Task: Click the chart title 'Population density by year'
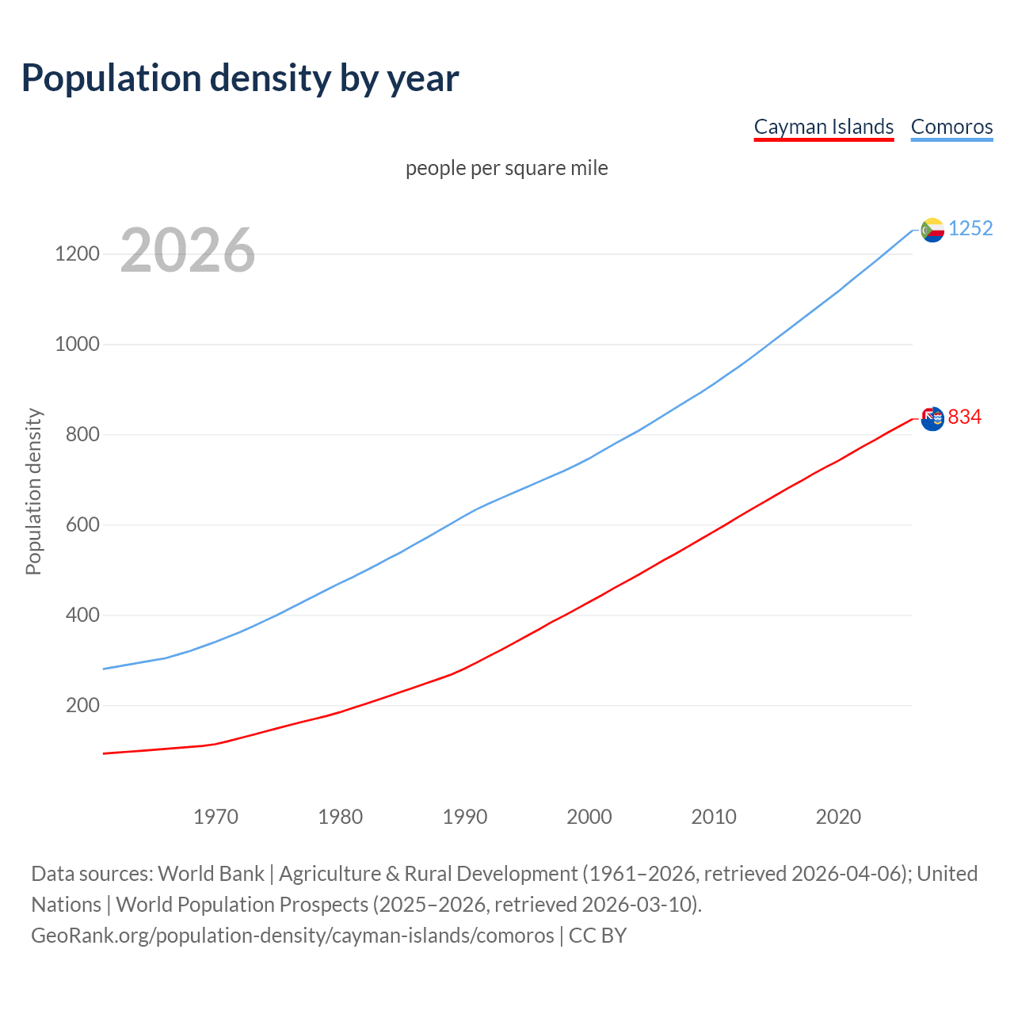pyautogui.click(x=240, y=78)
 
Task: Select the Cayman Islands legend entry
pyautogui.click(x=823, y=127)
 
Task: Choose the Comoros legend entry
pyautogui.click(x=951, y=127)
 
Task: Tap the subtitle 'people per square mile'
pyautogui.click(x=506, y=168)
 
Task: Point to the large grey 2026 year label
pyautogui.click(x=188, y=250)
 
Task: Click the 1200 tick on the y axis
pyautogui.click(x=77, y=254)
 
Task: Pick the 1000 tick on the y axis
pyautogui.click(x=77, y=345)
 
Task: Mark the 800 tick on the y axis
pyautogui.click(x=82, y=435)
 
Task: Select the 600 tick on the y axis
pyautogui.click(x=82, y=525)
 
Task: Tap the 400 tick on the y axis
pyautogui.click(x=82, y=616)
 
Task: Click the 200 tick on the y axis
pyautogui.click(x=82, y=706)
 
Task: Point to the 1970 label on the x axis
pyautogui.click(x=215, y=817)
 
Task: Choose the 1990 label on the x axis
pyautogui.click(x=465, y=817)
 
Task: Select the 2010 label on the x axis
pyautogui.click(x=714, y=817)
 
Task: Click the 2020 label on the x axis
pyautogui.click(x=838, y=817)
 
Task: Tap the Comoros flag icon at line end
pyautogui.click(x=932, y=230)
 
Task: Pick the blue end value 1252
pyautogui.click(x=970, y=229)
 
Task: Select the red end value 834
pyautogui.click(x=965, y=417)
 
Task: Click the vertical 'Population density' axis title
pyautogui.click(x=33, y=491)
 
